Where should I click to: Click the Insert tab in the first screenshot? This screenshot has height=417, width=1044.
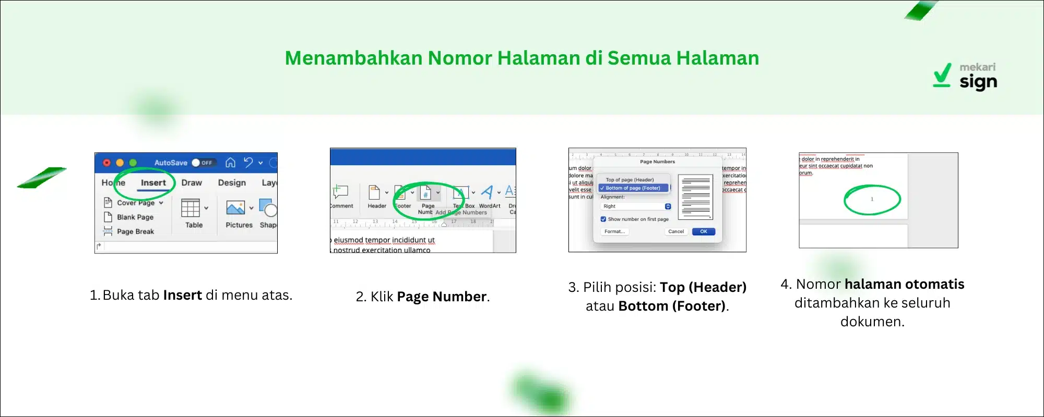click(153, 183)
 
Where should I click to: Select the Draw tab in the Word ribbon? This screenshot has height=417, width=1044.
click(192, 183)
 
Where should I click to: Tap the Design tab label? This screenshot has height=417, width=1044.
click(232, 183)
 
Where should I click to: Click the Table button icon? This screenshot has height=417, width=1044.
click(191, 208)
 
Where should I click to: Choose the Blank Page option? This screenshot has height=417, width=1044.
click(135, 217)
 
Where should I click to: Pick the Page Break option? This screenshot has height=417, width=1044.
click(135, 231)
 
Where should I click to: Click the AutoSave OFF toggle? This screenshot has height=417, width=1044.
click(201, 163)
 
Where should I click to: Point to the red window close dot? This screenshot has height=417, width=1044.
click(106, 163)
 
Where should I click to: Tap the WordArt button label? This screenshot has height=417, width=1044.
click(490, 206)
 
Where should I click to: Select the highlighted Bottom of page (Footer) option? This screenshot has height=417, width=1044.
click(633, 188)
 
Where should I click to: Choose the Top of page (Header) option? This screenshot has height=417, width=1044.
click(630, 180)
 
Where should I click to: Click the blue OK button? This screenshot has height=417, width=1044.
click(703, 231)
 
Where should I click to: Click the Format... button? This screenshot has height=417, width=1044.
click(614, 231)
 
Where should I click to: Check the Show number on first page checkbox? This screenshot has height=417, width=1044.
click(603, 219)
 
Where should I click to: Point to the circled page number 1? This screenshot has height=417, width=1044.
click(872, 199)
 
